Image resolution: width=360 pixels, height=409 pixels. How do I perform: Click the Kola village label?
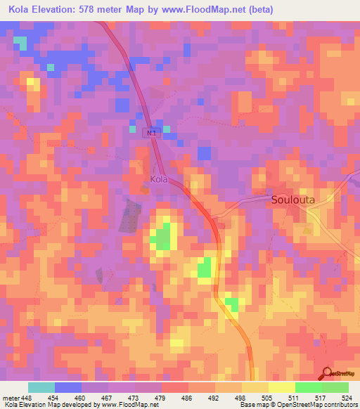158,179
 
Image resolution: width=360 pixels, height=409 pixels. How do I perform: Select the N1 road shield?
150,132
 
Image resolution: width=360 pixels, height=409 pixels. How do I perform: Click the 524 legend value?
347,397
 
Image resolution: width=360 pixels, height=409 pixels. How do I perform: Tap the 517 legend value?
321,397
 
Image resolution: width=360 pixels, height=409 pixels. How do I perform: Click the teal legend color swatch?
41,387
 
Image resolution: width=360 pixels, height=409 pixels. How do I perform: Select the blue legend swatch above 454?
68,387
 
